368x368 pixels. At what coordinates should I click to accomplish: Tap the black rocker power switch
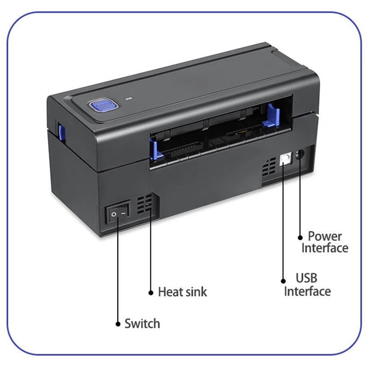118,212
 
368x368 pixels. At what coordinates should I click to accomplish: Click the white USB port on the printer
285,160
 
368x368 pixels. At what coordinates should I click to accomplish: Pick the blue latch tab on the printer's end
62,133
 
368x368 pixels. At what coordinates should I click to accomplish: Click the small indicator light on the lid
129,98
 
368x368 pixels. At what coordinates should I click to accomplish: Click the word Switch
142,324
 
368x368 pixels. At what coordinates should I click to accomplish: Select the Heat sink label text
183,292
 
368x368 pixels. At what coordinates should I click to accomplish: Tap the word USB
306,278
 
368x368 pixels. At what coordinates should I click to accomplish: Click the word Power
325,236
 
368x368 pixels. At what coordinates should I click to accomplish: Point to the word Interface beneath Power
325,248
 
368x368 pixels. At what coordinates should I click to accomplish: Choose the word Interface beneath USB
307,291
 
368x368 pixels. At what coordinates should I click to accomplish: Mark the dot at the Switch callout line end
118,324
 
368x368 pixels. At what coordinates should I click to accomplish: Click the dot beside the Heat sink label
151,293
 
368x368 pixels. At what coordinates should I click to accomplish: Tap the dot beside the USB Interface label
283,281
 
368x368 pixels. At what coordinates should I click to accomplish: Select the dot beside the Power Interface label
300,237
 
